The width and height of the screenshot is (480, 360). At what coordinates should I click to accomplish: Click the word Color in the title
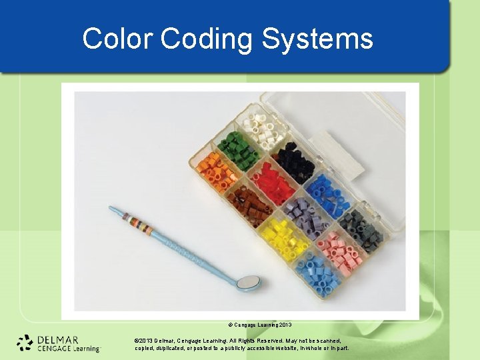117,39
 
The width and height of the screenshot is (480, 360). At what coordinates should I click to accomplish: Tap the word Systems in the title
317,39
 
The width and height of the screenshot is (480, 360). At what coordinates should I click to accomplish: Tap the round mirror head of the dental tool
248,283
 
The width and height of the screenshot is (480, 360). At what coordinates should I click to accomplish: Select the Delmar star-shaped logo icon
25,342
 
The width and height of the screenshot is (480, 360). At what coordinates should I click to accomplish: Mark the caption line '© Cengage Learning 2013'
261,325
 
